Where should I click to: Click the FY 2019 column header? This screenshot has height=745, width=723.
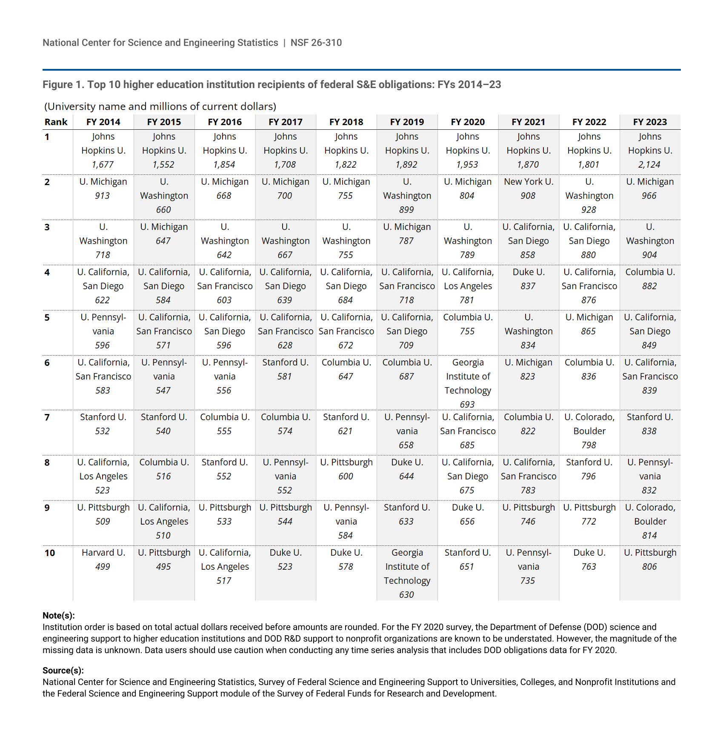(407, 122)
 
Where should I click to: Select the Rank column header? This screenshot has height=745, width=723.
(56, 122)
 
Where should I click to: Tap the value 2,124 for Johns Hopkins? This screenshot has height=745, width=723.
(649, 165)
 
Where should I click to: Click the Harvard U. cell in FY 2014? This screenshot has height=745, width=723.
(103, 553)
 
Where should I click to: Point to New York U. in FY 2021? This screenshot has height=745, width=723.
(529, 182)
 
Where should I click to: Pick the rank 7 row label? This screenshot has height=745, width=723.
(47, 417)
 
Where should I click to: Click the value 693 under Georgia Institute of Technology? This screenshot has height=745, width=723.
(467, 404)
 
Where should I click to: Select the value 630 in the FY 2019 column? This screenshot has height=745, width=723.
(406, 594)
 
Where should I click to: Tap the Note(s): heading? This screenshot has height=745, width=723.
(59, 615)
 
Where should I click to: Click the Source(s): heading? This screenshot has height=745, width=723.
(63, 671)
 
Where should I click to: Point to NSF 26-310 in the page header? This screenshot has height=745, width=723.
(316, 43)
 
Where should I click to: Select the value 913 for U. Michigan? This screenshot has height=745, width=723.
(102, 196)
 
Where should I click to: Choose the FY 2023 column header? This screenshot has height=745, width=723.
(650, 122)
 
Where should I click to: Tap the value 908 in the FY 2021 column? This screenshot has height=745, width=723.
(528, 196)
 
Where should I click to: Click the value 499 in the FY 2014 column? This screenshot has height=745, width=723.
(103, 567)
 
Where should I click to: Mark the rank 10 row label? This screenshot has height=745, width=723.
(50, 553)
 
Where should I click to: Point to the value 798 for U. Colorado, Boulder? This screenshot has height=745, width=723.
(589, 445)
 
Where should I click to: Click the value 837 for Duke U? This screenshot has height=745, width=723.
(528, 286)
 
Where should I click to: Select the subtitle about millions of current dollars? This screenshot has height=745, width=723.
(160, 106)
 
